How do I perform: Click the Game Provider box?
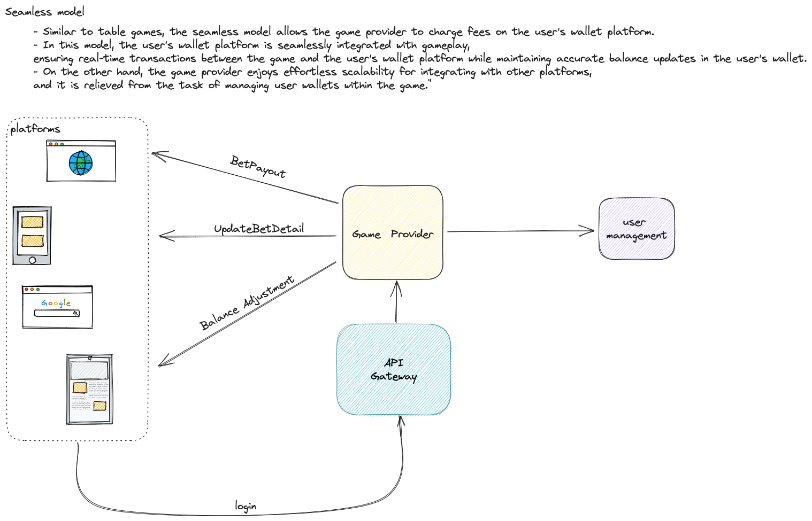(x=393, y=233)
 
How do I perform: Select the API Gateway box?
(x=394, y=369)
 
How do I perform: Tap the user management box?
(x=636, y=229)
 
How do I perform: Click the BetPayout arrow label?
(x=258, y=166)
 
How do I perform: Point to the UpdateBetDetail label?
(x=259, y=229)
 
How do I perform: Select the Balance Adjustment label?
(x=247, y=302)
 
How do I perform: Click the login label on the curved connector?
(x=246, y=506)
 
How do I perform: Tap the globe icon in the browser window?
(x=81, y=163)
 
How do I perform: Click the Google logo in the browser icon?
(x=56, y=303)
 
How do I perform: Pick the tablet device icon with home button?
(x=32, y=235)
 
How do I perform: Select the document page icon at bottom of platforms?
(x=89, y=389)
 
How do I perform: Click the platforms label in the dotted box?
(x=35, y=129)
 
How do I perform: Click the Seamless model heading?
(x=45, y=11)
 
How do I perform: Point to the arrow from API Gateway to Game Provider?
(x=396, y=302)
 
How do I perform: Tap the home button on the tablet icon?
(x=32, y=260)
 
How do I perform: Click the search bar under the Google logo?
(x=57, y=313)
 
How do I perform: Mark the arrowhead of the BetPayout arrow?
(x=154, y=154)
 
